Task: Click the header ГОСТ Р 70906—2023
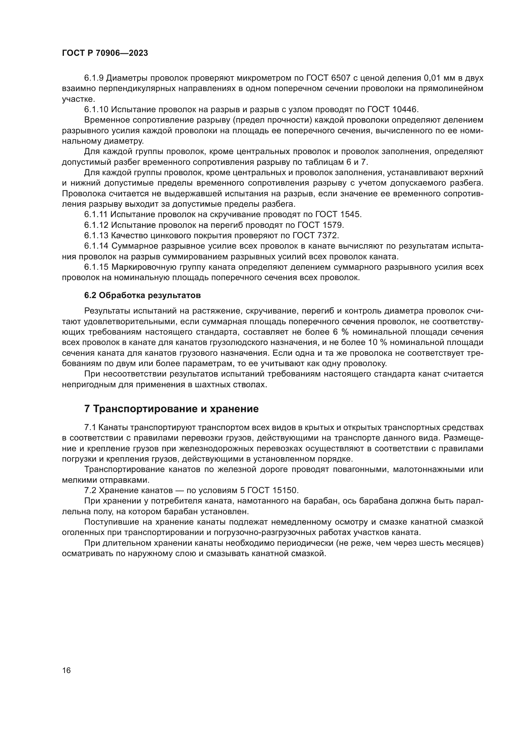pyautogui.click(x=105, y=53)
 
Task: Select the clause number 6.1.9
pyautogui.click(x=94, y=78)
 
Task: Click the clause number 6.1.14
pyautogui.click(x=96, y=246)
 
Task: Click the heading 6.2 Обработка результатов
pyautogui.click(x=142, y=295)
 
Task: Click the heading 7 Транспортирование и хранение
pyautogui.click(x=171, y=409)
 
